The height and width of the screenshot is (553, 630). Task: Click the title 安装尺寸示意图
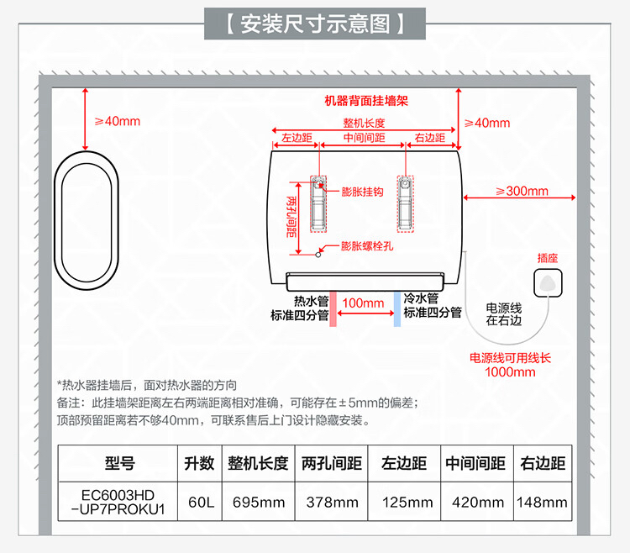point(315,24)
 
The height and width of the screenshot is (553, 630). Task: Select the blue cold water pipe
point(396,308)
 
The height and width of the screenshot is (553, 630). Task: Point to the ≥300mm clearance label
point(522,191)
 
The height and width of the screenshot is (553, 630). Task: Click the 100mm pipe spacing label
point(363,303)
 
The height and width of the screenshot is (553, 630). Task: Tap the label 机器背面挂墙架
point(366,100)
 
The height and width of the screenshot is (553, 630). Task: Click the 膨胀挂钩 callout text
point(362,192)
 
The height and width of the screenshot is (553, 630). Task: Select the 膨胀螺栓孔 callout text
point(367,246)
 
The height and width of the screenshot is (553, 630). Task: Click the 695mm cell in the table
point(258,503)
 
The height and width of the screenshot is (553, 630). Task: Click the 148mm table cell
point(543,503)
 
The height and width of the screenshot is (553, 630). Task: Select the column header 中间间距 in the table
point(475,463)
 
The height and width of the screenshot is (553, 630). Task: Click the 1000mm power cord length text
point(510,371)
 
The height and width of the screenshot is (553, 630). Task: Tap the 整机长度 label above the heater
point(364,123)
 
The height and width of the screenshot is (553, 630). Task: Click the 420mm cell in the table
point(475,503)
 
